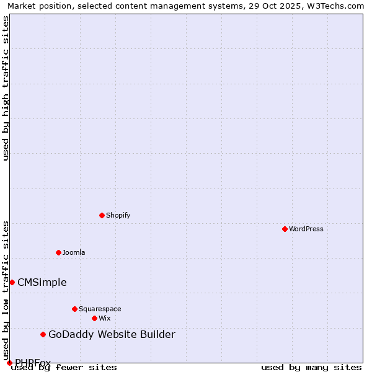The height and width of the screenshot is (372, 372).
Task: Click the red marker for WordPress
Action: (x=285, y=229)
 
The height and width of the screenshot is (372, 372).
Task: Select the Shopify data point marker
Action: (x=102, y=215)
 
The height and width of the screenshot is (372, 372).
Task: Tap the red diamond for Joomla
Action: (x=58, y=252)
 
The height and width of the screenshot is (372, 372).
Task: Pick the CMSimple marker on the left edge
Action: (x=12, y=282)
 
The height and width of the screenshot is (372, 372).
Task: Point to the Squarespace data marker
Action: (x=74, y=309)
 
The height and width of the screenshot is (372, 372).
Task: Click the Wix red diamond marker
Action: (x=94, y=318)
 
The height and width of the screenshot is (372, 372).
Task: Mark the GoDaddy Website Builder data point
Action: (x=43, y=334)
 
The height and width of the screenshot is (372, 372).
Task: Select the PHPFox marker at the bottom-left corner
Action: (x=9, y=363)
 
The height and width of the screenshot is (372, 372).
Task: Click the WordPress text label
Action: (x=306, y=229)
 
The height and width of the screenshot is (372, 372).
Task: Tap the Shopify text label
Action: (x=118, y=215)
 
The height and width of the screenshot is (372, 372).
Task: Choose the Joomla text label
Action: (x=74, y=252)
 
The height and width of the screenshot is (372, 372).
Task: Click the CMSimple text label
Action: (x=42, y=283)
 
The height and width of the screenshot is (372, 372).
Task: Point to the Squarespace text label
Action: (x=100, y=309)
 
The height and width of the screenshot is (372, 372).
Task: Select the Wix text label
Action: (x=105, y=318)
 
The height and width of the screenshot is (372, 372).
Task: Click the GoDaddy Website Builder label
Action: (x=112, y=335)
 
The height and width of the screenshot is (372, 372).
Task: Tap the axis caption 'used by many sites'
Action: (x=311, y=367)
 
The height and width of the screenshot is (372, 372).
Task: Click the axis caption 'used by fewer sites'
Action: (x=64, y=367)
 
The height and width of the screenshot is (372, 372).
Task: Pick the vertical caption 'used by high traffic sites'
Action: (x=6, y=88)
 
